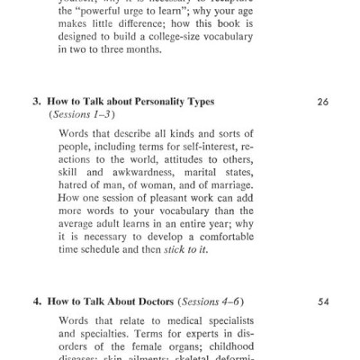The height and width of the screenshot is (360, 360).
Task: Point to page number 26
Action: (x=323, y=103)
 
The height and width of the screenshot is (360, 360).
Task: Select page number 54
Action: (x=323, y=302)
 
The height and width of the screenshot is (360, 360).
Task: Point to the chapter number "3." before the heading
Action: (x=38, y=103)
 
